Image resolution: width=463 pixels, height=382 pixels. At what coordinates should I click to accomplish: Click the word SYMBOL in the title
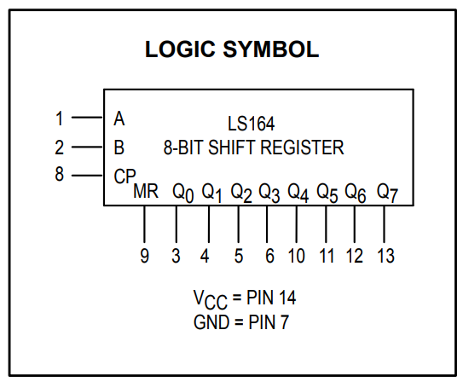tap(271, 49)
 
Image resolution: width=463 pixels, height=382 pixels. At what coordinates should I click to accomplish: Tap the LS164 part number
tap(251, 124)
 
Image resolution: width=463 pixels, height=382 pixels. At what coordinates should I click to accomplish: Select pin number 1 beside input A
tap(60, 119)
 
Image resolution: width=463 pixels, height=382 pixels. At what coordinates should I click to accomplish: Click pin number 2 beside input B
tap(59, 148)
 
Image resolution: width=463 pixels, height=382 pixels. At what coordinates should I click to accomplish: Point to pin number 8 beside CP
tap(60, 174)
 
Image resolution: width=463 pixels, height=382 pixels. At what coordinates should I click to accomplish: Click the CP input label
tap(124, 176)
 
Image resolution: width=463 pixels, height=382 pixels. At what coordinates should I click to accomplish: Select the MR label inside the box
tap(146, 191)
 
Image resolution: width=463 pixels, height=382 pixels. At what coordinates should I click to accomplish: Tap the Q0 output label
tap(183, 193)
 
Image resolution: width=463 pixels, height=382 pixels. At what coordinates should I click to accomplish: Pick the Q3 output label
tap(269, 193)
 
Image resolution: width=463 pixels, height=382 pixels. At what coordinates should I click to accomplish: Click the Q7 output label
tap(387, 193)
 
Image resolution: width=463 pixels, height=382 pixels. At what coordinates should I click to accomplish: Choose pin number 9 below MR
tap(144, 256)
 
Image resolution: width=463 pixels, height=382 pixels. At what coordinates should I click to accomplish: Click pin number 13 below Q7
tap(385, 256)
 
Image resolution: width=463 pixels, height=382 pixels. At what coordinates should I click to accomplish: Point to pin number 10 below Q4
tap(296, 256)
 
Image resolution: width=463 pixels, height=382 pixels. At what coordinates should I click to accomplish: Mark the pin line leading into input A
tap(88, 118)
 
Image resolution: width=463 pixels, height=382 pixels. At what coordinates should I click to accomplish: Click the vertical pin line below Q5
tap(326, 224)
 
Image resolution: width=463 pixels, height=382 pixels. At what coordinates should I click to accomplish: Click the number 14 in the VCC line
tap(287, 298)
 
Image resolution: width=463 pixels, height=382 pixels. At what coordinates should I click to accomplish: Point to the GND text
tap(211, 321)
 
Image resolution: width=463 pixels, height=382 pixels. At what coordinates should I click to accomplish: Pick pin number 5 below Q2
tap(239, 256)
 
